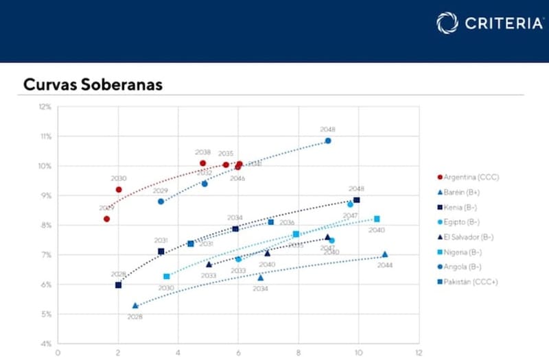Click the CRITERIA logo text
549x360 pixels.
[504, 23]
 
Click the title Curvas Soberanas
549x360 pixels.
[93, 84]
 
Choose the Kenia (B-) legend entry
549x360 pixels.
[464, 207]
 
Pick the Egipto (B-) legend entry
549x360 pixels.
[465, 222]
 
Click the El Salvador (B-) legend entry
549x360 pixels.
[471, 237]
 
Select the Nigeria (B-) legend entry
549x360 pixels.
[467, 252]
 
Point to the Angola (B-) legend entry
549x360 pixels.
[467, 267]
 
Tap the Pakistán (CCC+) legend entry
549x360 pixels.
[473, 282]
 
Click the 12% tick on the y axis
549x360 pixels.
[45, 107]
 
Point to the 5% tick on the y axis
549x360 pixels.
[46, 314]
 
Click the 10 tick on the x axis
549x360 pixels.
[358, 353]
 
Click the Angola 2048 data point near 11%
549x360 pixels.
[328, 141]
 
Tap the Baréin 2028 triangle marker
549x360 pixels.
[135, 306]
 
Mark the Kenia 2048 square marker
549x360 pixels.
[356, 200]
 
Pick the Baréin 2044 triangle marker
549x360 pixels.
[385, 254]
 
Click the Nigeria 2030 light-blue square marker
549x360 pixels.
[166, 276]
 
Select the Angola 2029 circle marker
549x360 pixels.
[161, 202]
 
